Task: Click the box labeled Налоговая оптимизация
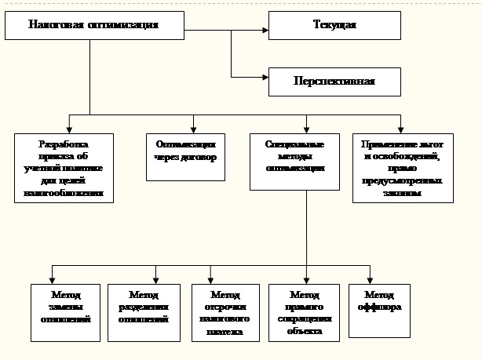pyautogui.click(x=93, y=25)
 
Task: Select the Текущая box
pyautogui.click(x=334, y=25)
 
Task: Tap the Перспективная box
pyautogui.click(x=334, y=81)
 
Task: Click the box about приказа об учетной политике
pyautogui.click(x=64, y=169)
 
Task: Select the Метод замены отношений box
pyautogui.click(x=66, y=312)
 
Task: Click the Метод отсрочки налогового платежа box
pyautogui.click(x=221, y=312)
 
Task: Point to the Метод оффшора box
pyautogui.click(x=380, y=310)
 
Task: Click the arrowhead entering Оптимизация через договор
pyautogui.click(x=193, y=129)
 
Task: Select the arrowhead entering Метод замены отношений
pyautogui.click(x=52, y=278)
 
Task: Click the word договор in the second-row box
pyautogui.click(x=199, y=157)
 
